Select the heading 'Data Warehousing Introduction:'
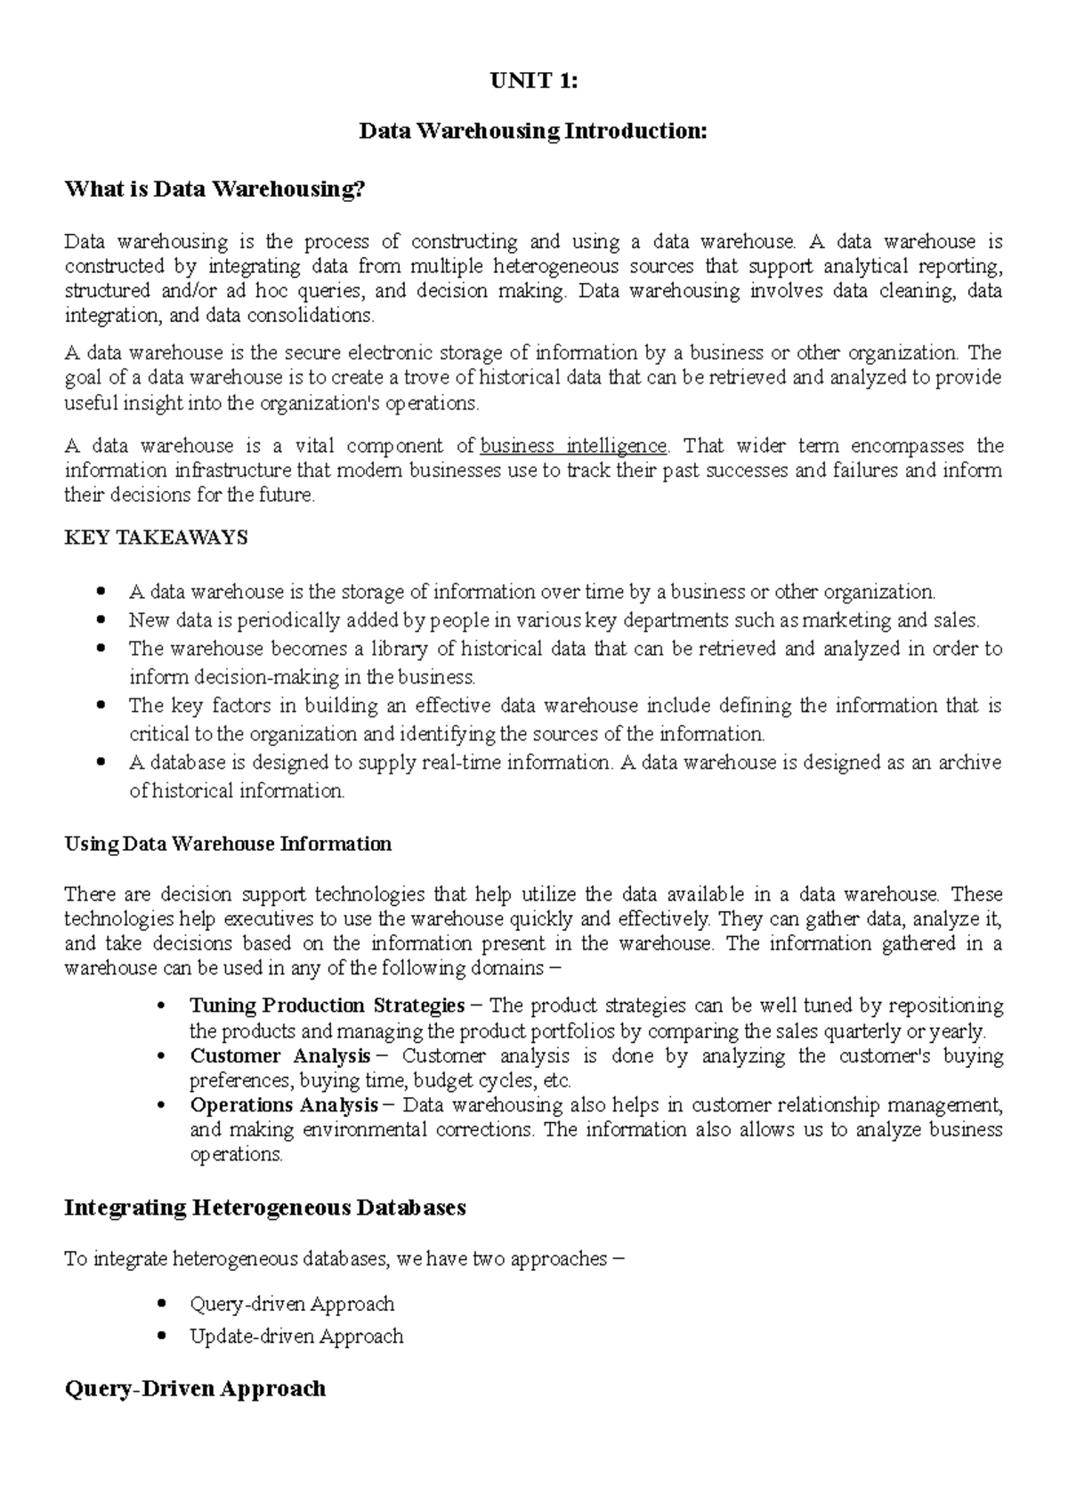coord(533,132)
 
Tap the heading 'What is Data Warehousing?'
coord(215,190)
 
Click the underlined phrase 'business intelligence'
coord(573,446)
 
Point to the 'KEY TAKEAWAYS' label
coord(157,537)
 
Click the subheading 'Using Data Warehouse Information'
coord(228,844)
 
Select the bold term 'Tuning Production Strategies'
coord(327,1006)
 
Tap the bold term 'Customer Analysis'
coord(280,1056)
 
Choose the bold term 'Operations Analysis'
coord(284,1105)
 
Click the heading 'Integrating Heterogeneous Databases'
coord(265,1208)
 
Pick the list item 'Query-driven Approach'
coord(292,1305)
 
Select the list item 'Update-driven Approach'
coord(296,1337)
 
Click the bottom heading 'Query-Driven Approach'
coord(196,1388)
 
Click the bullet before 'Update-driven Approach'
coord(161,1337)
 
